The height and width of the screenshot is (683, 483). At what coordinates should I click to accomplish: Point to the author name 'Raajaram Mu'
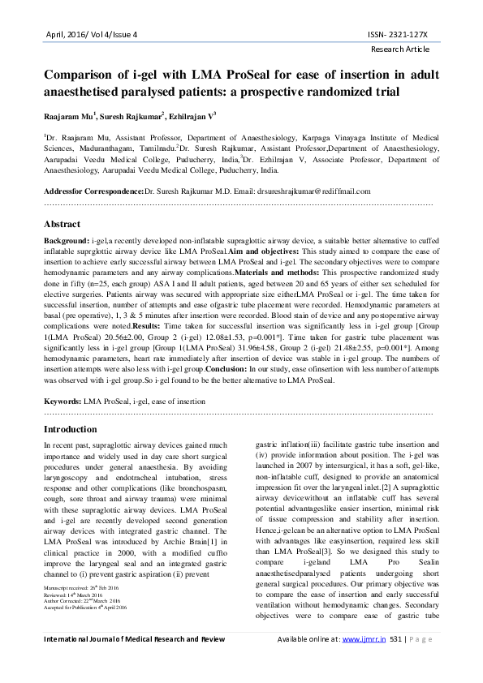69,117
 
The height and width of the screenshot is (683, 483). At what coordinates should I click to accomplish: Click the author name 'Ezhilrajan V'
187,117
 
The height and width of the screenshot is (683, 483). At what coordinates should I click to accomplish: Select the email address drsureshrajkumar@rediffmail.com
305,191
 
